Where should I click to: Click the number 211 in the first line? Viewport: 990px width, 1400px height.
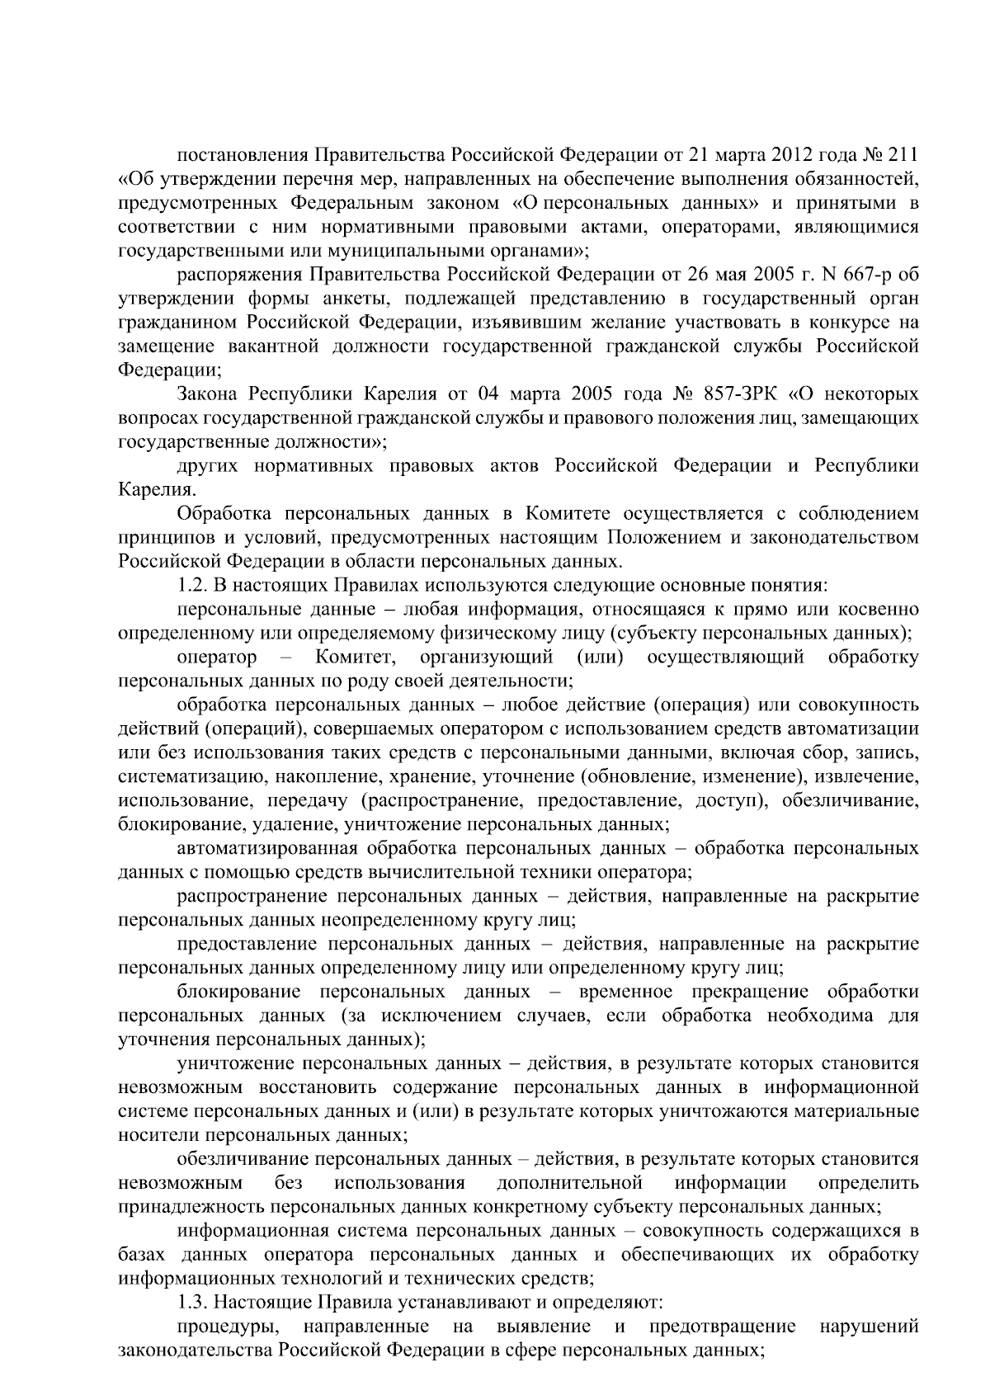898,154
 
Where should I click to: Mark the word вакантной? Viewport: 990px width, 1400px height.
277,346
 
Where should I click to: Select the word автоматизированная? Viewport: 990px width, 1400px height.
266,849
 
